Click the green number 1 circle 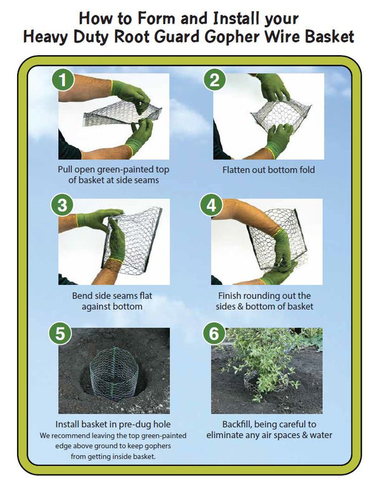click(x=62, y=81)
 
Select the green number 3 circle click(x=62, y=206)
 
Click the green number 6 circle click(x=215, y=334)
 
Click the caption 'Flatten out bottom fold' click(x=268, y=170)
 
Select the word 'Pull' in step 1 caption click(x=65, y=170)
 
